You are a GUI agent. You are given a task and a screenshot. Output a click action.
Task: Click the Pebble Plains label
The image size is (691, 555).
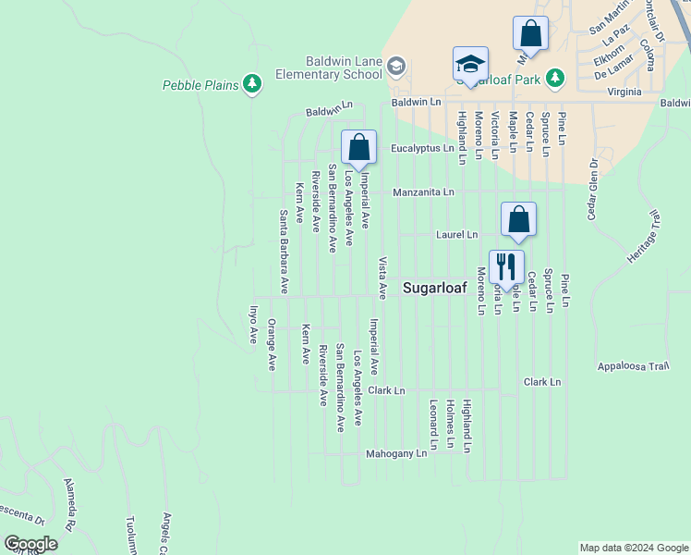coord(201,85)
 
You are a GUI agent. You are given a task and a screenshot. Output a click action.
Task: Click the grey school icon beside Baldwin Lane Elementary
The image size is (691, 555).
coord(396,67)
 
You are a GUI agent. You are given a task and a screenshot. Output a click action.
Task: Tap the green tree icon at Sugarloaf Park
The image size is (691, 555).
coord(555,78)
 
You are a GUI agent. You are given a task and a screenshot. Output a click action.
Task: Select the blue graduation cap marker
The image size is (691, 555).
coord(470,65)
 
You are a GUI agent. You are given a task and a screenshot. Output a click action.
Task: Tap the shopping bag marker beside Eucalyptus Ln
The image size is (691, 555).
coord(358,147)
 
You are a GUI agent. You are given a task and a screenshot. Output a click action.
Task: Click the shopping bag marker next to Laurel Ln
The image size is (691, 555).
coord(519,220)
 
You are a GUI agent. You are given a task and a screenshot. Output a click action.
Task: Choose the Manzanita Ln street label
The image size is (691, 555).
coord(423,192)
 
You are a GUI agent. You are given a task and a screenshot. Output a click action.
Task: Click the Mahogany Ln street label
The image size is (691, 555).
coord(396,453)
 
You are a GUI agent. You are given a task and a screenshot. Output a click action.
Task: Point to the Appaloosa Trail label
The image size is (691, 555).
coord(633,365)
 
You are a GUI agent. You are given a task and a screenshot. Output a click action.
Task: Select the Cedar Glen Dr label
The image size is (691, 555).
coord(593,189)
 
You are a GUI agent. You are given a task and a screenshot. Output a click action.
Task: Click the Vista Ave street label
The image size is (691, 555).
coord(382,277)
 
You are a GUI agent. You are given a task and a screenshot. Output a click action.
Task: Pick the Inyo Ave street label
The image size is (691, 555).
coord(252,325)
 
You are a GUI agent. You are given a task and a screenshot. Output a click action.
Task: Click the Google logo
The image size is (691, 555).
coord(30,544)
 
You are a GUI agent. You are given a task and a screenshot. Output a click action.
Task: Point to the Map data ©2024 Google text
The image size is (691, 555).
coord(634,548)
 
